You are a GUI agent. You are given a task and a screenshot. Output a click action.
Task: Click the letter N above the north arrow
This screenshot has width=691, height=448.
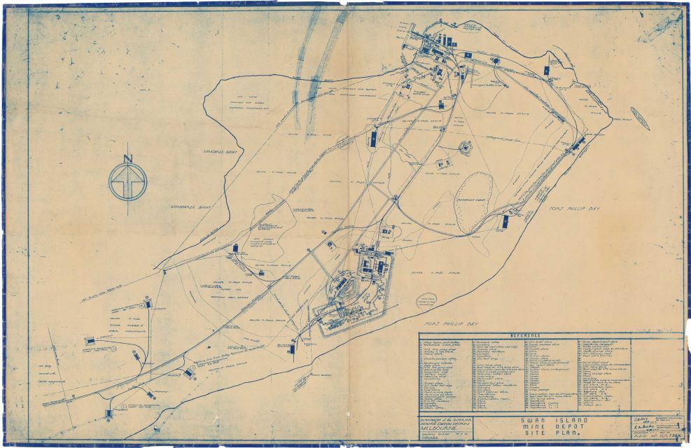127,157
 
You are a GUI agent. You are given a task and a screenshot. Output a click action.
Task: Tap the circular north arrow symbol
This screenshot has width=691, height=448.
127,181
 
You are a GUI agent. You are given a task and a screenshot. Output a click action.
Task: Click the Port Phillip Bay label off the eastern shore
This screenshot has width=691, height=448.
566,207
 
